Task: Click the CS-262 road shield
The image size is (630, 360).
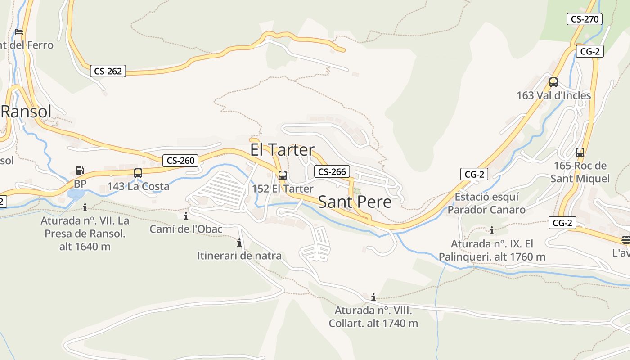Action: pyautogui.click(x=108, y=71)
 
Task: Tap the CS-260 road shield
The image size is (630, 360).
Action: pyautogui.click(x=180, y=161)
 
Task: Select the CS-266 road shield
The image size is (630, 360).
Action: pyautogui.click(x=332, y=171)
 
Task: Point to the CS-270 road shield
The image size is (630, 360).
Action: pyautogui.click(x=585, y=19)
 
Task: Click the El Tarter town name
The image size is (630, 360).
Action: pyautogui.click(x=282, y=150)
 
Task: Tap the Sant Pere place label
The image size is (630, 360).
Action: pyautogui.click(x=355, y=202)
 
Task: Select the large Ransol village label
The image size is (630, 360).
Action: pyautogui.click(x=26, y=112)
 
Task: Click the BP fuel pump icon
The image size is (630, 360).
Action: pyautogui.click(x=80, y=171)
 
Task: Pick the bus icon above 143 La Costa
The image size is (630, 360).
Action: pyautogui.click(x=138, y=173)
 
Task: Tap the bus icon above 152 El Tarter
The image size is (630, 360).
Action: pyautogui.click(x=282, y=175)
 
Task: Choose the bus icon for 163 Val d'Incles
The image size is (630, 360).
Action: pyautogui.click(x=553, y=82)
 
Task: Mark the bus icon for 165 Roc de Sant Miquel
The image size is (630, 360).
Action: pyautogui.click(x=580, y=153)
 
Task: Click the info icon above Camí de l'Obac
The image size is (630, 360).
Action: pyautogui.click(x=186, y=216)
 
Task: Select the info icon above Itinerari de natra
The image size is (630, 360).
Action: pyautogui.click(x=239, y=243)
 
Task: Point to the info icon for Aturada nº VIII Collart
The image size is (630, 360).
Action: pyautogui.click(x=373, y=297)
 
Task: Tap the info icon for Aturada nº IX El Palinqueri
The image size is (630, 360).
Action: pyautogui.click(x=492, y=231)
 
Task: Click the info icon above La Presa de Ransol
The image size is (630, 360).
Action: pyautogui.click(x=85, y=207)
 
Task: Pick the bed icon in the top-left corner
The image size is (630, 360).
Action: pyautogui.click(x=19, y=32)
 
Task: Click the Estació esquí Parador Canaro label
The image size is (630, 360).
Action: pyautogui.click(x=486, y=203)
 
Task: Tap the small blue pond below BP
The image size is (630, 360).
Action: pyautogui.click(x=75, y=194)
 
